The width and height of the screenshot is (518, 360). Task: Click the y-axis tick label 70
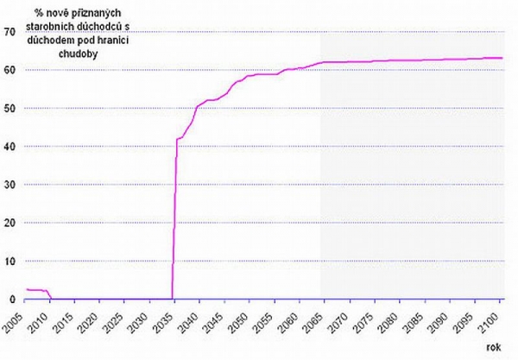pos(9,32)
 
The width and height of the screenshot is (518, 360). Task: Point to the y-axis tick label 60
pos(9,70)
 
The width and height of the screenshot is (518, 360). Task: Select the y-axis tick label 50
pos(9,108)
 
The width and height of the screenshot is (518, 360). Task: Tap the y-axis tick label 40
pos(9,146)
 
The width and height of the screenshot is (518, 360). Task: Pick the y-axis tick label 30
pos(9,185)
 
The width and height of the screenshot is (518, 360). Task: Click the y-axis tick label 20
pos(9,223)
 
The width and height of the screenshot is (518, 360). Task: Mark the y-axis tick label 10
pos(9,261)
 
